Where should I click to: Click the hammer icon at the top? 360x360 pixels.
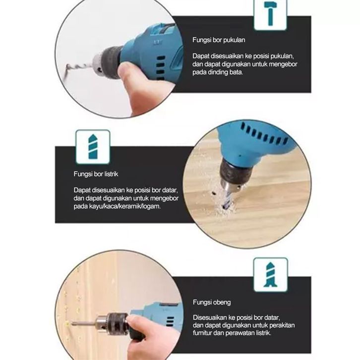pyautogui.click(x=270, y=13)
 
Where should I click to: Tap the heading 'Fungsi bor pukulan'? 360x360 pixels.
pyautogui.click(x=219, y=40)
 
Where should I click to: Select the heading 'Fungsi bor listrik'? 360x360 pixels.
pyautogui.click(x=96, y=174)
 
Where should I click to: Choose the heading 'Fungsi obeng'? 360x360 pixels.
pyautogui.click(x=212, y=302)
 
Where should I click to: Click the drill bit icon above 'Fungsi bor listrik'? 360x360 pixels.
pyautogui.click(x=93, y=147)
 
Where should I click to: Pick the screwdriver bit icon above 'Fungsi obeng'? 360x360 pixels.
pyautogui.click(x=270, y=275)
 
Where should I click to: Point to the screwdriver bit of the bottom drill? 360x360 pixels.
pyautogui.click(x=83, y=324)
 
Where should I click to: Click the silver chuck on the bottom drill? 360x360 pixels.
pyautogui.click(x=102, y=323)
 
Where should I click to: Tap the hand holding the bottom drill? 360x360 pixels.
pyautogui.click(x=152, y=333)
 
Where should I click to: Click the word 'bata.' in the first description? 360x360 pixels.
pyautogui.click(x=236, y=72)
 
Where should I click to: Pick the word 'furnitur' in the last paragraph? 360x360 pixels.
pyautogui.click(x=202, y=333)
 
